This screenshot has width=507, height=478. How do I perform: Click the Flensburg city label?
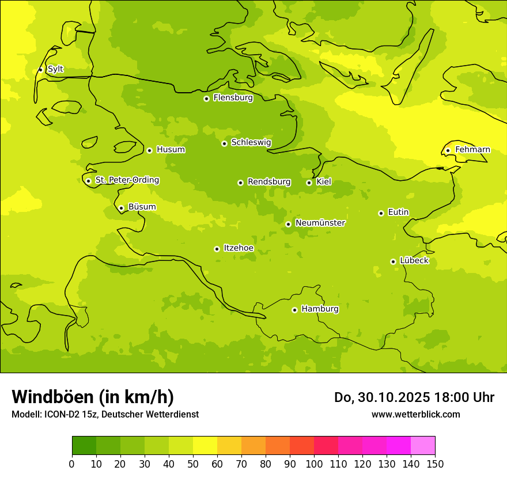coord(233,98)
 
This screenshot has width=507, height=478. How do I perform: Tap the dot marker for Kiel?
coord(309,183)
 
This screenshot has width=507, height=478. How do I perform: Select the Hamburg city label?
coord(320,309)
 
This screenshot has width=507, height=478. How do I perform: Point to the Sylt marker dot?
coord(40,70)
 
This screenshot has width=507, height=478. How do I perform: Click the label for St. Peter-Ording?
coord(127,180)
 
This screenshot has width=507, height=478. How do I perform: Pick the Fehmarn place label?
coord(472,150)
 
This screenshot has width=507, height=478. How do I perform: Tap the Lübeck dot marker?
coord(393,261)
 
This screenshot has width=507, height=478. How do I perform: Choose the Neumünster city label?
coord(320,223)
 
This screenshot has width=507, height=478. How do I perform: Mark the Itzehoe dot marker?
coord(217,249)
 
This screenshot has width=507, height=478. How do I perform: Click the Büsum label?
coord(142,207)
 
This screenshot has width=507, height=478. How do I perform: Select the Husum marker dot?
coord(149,150)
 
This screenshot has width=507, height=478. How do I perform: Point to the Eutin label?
coord(398,213)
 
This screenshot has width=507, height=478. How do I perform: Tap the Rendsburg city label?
coord(269,182)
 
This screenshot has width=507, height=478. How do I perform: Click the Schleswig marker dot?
coord(224,143)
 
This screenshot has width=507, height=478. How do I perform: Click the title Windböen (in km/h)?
coord(93,397)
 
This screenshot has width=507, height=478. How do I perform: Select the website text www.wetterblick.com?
coord(415,414)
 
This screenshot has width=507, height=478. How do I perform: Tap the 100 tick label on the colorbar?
coord(314,464)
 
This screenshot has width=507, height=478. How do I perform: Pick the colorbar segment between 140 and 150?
coord(423,446)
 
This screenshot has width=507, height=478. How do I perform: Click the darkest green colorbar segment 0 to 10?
coord(84,446)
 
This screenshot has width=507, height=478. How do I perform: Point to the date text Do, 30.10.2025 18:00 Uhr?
coord(414,397)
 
